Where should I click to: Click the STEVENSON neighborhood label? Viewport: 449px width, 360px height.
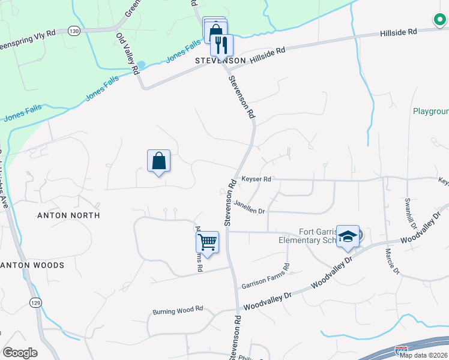click(220, 61)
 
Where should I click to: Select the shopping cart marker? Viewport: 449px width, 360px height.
click(207, 242)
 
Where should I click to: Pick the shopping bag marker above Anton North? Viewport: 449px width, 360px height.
click(158, 161)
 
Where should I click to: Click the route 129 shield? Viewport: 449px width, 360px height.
click(35, 304)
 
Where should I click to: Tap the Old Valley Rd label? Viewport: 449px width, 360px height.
click(127, 53)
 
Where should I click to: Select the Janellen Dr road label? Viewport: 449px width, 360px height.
click(249, 207)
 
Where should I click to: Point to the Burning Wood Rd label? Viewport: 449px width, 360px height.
click(178, 311)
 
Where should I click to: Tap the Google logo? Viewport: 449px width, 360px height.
click(20, 353)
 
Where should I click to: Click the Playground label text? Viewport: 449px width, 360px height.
click(430, 112)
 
